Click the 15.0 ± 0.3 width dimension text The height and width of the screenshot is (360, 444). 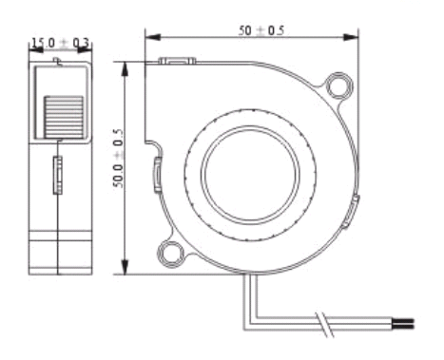[60, 43]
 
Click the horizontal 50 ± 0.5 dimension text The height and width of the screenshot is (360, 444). [261, 30]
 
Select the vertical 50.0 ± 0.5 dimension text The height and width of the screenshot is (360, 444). [118, 158]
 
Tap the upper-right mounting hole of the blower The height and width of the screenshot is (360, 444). [339, 85]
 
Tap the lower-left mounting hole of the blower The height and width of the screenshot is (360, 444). [171, 255]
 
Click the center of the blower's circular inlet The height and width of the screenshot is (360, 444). [250, 175]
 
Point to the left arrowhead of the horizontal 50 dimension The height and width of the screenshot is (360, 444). [152, 37]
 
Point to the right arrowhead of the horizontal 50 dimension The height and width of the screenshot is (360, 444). [351, 37]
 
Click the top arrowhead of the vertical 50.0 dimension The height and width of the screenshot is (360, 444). [125, 69]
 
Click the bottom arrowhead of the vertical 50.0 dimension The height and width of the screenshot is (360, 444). [125, 267]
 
